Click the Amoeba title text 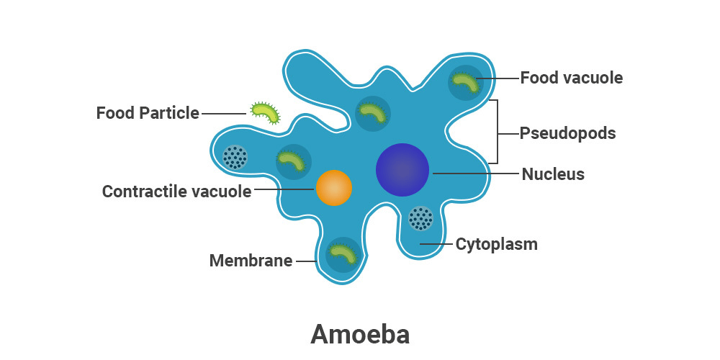(360, 335)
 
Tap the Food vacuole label (571, 78)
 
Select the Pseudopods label (567, 133)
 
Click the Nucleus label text (553, 174)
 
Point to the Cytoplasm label (496, 244)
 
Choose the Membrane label (251, 261)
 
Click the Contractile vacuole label (176, 192)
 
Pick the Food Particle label (148, 113)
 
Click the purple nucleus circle (402, 170)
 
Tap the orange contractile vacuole (334, 188)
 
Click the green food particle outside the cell (264, 112)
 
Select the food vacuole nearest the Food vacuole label (465, 82)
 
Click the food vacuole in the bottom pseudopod (343, 254)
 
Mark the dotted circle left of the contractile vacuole (235, 157)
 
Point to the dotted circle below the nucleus (420, 217)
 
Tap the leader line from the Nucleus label (475, 174)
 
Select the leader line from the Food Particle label (223, 113)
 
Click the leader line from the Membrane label (305, 261)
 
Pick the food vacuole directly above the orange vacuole (294, 161)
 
